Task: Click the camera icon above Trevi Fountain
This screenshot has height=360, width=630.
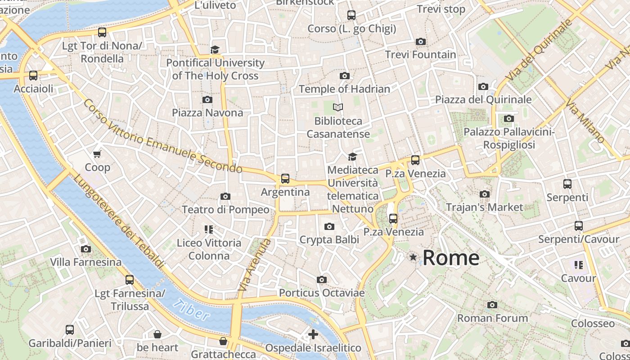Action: [x=421, y=42]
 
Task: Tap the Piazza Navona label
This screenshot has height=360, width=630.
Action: [x=207, y=112]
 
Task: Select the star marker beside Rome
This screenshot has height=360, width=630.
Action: [x=413, y=257]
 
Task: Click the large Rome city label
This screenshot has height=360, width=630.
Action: [x=451, y=258]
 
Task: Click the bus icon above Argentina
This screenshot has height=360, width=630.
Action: [x=285, y=179]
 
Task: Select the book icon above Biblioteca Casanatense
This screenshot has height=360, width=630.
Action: [x=338, y=108]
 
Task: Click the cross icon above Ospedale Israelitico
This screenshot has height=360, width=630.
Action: [x=313, y=334]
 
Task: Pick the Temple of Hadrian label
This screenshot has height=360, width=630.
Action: [x=344, y=89]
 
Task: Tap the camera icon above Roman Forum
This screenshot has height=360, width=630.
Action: [x=492, y=305]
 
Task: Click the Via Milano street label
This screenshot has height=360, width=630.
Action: [x=585, y=122]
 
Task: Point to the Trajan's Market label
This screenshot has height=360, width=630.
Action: [x=484, y=207]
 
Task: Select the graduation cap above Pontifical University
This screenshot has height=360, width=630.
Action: [x=215, y=49]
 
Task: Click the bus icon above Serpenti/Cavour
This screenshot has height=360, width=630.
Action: [x=579, y=226]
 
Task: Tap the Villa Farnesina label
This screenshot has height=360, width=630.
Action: [x=85, y=262]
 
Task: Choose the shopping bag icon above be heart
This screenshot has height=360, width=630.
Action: [x=157, y=334]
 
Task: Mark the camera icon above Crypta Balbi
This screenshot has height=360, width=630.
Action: [x=329, y=226]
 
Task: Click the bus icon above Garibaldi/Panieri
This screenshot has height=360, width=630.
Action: [x=70, y=330]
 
